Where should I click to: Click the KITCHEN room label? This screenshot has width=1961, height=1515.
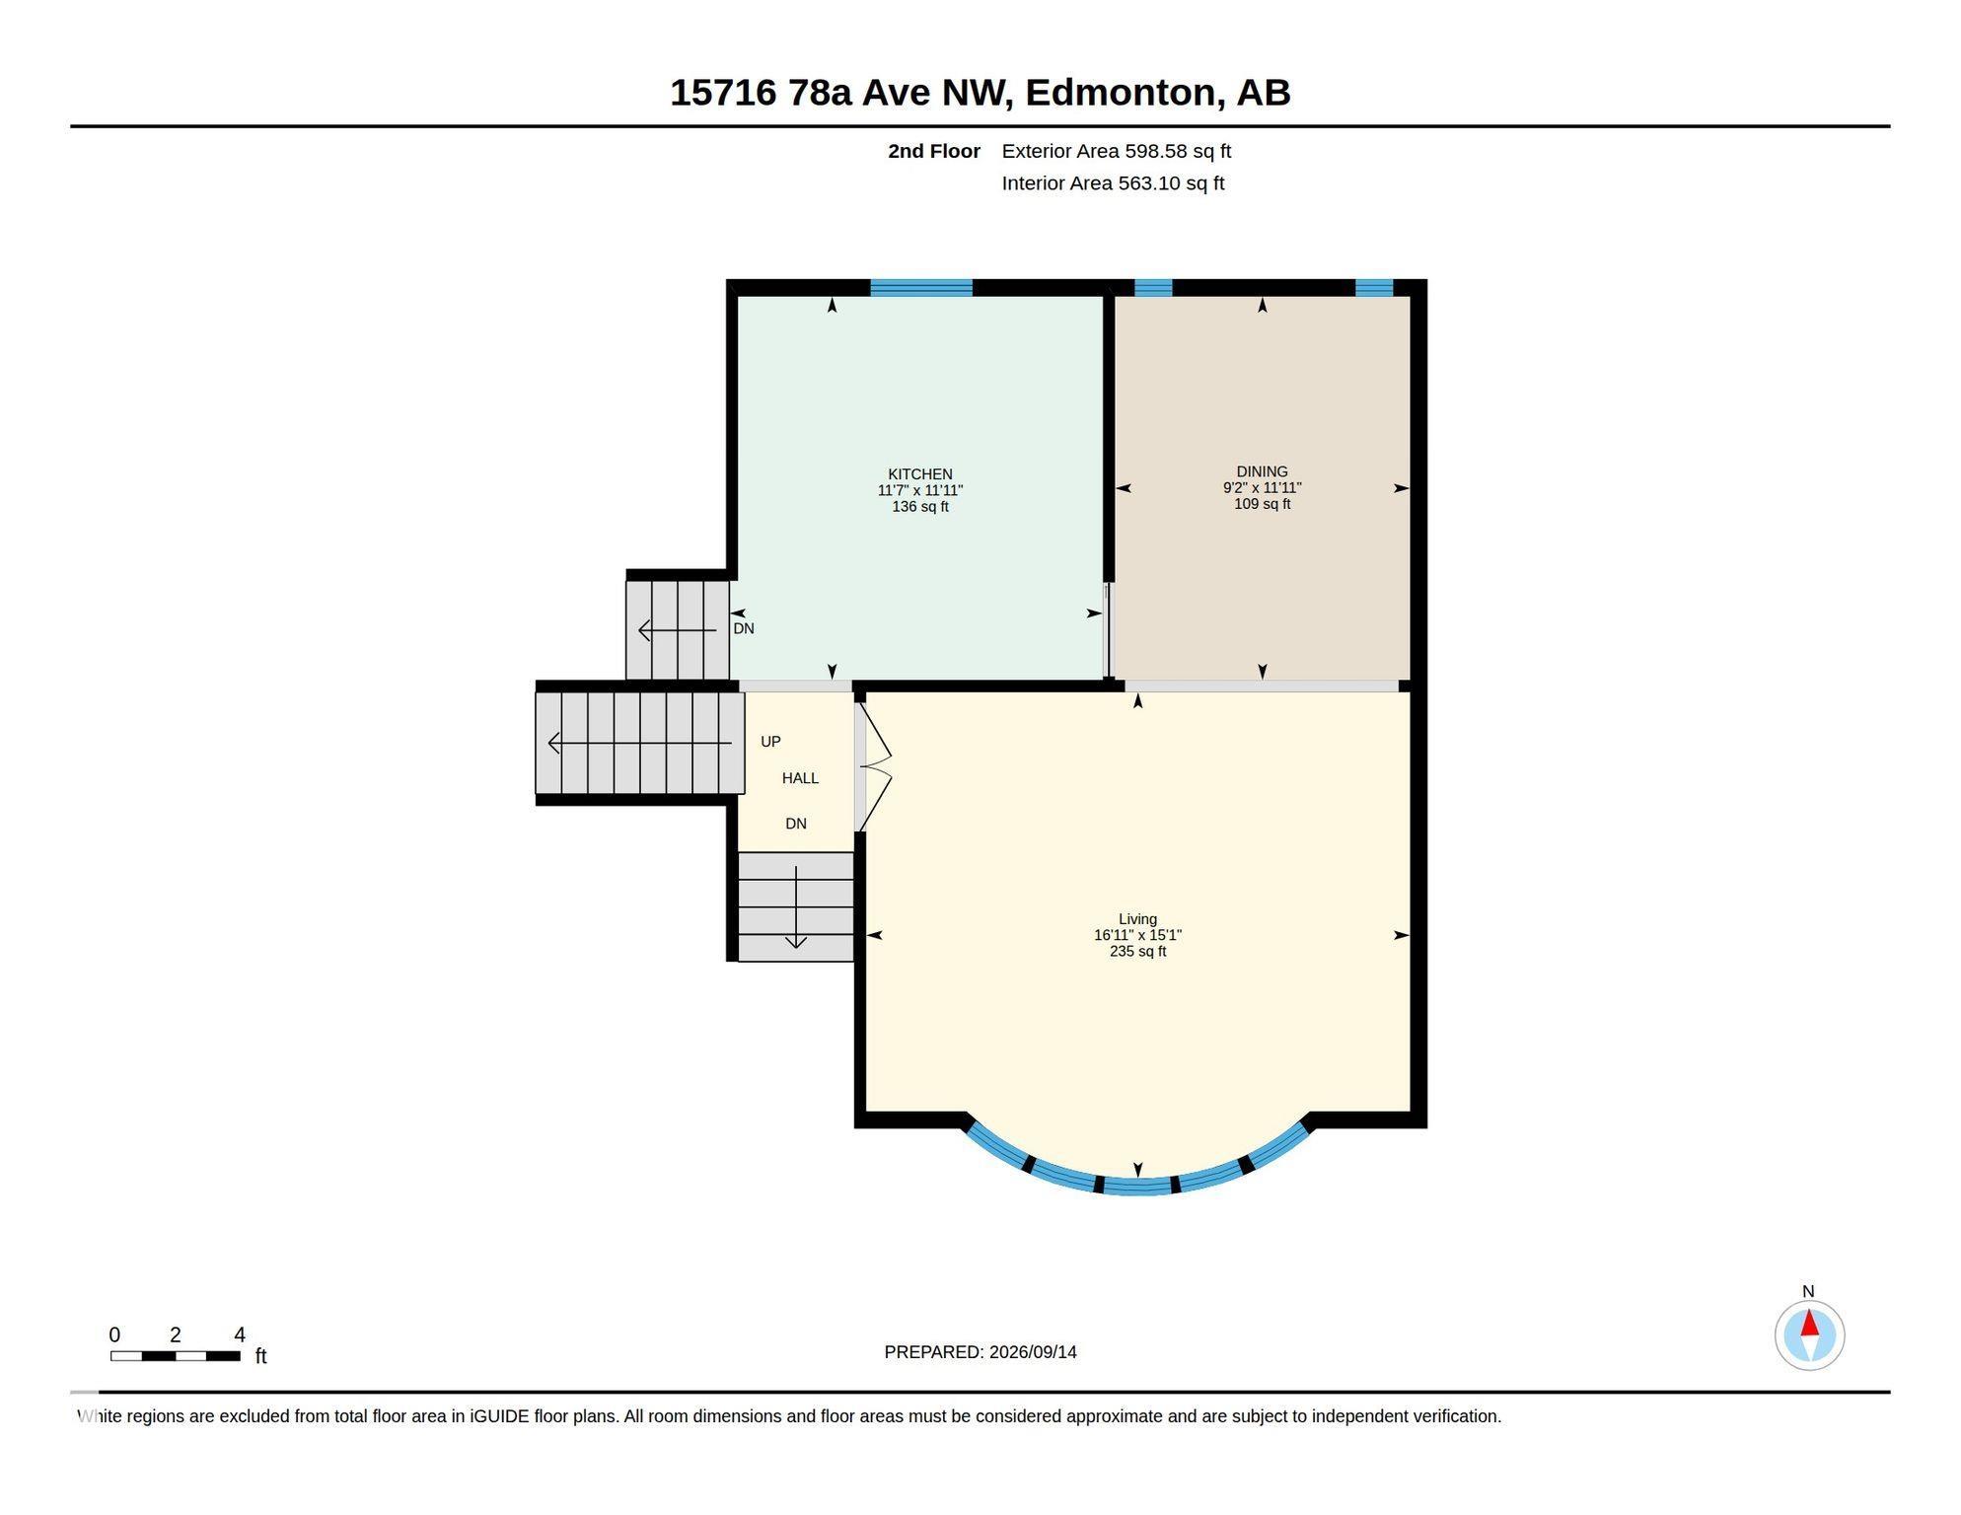tap(919, 474)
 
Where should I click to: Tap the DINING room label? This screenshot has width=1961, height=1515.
tap(1262, 471)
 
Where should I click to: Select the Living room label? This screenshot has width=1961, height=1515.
tap(1137, 919)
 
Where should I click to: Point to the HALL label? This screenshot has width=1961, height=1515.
tap(800, 778)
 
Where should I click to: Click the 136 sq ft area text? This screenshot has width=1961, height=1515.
tap(920, 507)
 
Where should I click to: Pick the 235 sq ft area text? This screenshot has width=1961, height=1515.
tap(1137, 952)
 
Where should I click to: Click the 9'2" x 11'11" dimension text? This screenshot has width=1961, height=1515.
tap(1262, 487)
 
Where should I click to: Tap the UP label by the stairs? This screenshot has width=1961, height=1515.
tap(770, 742)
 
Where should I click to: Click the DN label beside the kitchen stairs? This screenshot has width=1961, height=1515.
tap(744, 628)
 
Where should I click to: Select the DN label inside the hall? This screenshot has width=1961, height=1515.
tap(796, 824)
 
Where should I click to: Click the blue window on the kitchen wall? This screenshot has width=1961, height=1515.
tap(921, 288)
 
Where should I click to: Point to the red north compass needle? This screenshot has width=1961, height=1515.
tap(1809, 1324)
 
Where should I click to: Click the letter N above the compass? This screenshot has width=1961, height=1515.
tap(1808, 1291)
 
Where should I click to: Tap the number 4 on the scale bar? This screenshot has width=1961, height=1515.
tap(240, 1335)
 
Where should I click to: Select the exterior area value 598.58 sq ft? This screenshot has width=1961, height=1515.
tap(1178, 151)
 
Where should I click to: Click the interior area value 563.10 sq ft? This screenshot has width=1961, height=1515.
tap(1171, 183)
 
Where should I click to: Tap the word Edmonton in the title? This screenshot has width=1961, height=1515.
tap(1120, 93)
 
